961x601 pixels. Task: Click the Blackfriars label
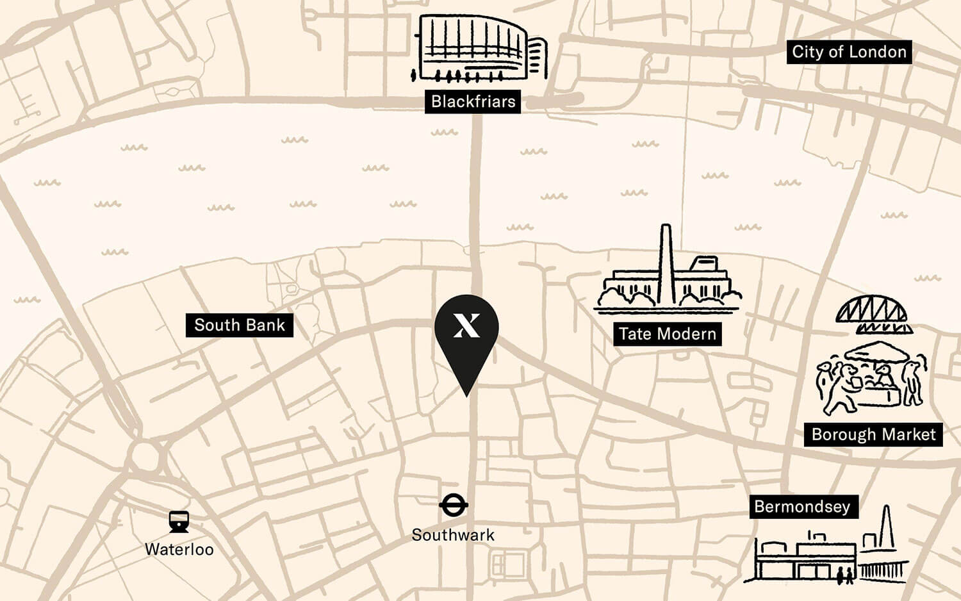coord(473,101)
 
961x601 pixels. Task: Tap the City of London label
coord(849,52)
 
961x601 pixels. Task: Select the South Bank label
coord(239,325)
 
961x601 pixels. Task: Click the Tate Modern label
coord(667,334)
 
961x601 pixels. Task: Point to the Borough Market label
coord(873,434)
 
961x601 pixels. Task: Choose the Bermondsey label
coord(802,507)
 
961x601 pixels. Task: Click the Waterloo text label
coord(179,549)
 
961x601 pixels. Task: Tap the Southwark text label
coord(453,535)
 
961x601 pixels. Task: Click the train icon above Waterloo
coord(179,522)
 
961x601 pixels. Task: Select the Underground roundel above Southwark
coord(454,505)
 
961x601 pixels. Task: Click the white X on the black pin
coord(466,325)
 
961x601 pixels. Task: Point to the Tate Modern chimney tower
coord(666,263)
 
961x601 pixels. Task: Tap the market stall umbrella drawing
coord(877,352)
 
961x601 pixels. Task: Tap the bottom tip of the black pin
coord(466,395)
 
